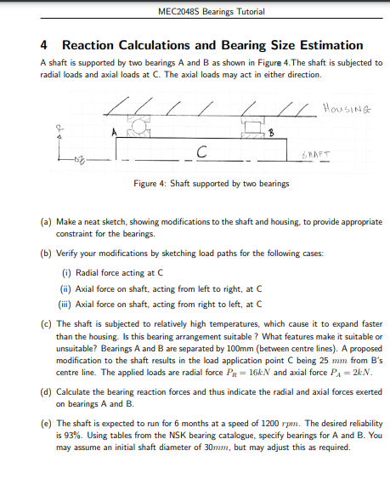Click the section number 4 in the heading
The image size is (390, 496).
pyautogui.click(x=44, y=45)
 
